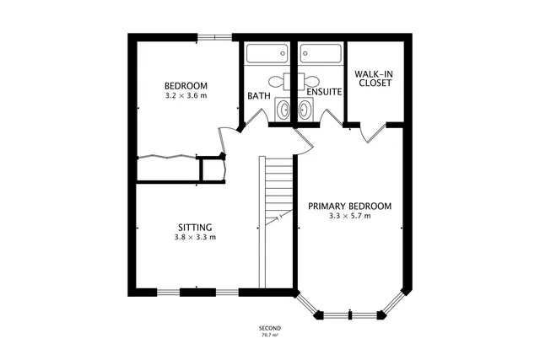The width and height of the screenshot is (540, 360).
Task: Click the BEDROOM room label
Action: [186, 86]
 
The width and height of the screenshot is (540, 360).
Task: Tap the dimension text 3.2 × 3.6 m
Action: [186, 95]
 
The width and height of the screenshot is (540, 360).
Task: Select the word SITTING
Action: [195, 227]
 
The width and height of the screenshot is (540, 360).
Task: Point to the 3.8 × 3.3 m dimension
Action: [195, 237]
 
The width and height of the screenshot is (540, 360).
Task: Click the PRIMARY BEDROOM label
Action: [350, 207]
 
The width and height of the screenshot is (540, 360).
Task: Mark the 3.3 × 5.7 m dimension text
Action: [350, 217]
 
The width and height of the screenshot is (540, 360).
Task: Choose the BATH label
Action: [258, 95]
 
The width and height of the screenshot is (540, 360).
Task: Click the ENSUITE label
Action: [324, 92]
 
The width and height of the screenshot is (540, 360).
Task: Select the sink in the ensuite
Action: [305, 110]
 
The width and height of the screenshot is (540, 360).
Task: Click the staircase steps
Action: [276, 190]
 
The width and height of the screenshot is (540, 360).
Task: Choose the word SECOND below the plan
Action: [270, 328]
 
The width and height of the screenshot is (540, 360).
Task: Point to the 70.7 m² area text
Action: [270, 336]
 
